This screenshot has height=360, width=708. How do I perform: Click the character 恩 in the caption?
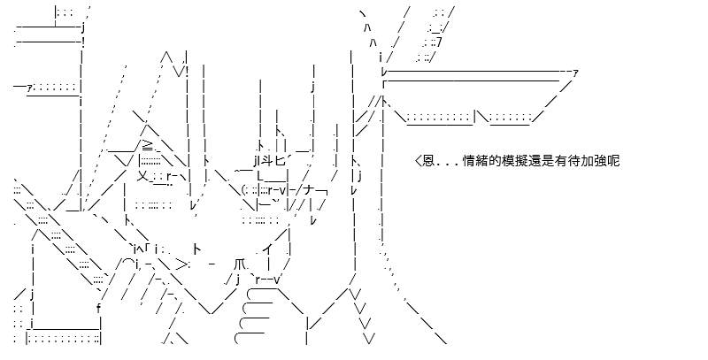point(428,161)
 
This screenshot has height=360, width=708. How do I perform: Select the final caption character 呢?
point(614,161)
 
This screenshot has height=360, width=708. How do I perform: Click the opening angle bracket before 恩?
point(418,161)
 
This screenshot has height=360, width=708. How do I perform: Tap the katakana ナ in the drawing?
point(309,191)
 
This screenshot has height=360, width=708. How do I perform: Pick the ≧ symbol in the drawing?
point(149,146)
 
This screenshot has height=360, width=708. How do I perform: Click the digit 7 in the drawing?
point(439,42)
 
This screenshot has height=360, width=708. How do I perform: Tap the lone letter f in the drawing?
point(99,309)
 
